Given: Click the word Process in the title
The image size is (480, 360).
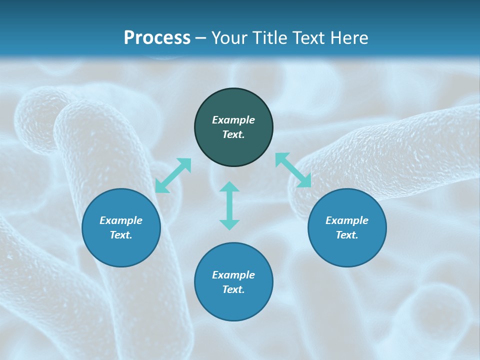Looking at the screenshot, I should pos(157,38).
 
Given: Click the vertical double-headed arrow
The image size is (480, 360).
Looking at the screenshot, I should pos(229,205).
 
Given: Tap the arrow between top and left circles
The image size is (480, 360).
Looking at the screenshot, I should pos(173,175).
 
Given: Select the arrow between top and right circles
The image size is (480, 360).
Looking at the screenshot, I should pos(293,170).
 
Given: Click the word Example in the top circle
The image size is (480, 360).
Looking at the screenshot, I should pos(233,120).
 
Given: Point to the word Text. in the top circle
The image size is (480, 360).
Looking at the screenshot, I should pos(233,134).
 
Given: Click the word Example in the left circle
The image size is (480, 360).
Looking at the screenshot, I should pos(121,220).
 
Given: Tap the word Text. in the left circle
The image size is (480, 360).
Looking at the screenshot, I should pos(121,235).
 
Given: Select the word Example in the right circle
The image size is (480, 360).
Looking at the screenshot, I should pos(347,220).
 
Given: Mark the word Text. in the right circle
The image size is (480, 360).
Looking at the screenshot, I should pos(347,235).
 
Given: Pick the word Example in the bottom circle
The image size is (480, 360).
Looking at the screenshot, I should pos(233,275).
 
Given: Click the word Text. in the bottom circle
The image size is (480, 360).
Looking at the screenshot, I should pos(233,289).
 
